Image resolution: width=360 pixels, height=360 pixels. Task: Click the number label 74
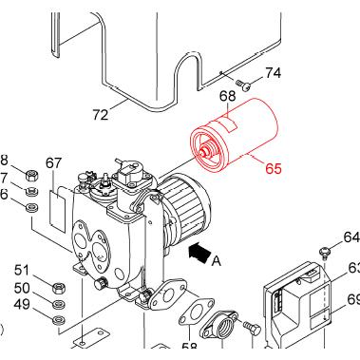pos(273,73)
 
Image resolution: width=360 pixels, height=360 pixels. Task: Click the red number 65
pos(273,170)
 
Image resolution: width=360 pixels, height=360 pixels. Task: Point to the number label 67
pos(53,162)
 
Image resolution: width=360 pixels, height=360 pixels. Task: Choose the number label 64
pos(351,237)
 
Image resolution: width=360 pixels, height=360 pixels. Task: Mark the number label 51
pos(22,270)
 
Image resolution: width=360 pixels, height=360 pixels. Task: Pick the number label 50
pos(22,287)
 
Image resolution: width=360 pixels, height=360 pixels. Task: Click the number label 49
pos(22,304)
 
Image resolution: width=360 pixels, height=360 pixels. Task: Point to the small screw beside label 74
pos(243,85)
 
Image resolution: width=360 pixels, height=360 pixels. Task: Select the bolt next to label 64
pos(326,251)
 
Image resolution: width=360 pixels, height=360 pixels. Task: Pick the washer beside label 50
pos(58,304)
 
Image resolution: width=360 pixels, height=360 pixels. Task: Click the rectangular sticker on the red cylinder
pos(228,124)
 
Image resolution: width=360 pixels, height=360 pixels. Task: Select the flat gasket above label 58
pos(197,311)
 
